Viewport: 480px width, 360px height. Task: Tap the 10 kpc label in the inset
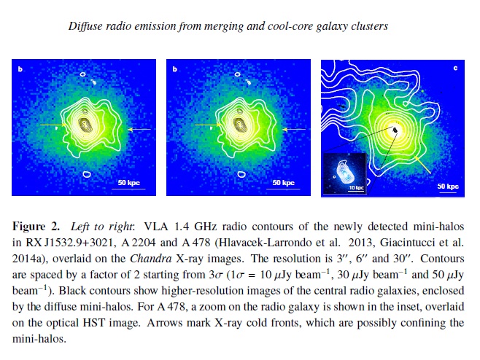[356, 187]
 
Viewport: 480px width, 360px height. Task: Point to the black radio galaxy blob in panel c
[395, 130]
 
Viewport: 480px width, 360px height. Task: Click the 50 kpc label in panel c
[447, 187]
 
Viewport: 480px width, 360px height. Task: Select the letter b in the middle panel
[174, 70]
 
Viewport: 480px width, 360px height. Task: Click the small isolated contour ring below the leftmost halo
[87, 175]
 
